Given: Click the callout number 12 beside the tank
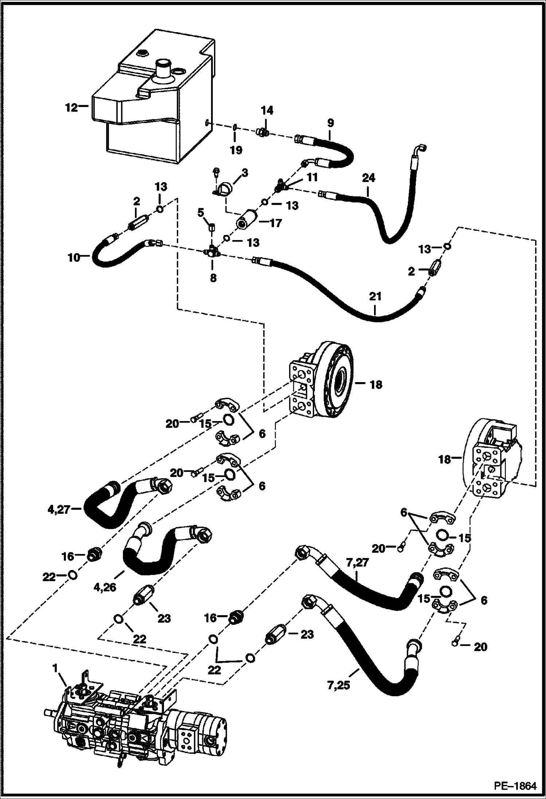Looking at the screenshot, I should pyautogui.click(x=71, y=108).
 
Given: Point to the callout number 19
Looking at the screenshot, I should pyautogui.click(x=236, y=150).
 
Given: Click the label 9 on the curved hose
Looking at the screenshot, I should pyautogui.click(x=330, y=123).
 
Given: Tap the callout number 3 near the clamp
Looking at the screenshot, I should pyautogui.click(x=245, y=173).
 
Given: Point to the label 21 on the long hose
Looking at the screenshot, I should pyautogui.click(x=375, y=296).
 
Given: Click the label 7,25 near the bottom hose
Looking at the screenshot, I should pyautogui.click(x=339, y=685).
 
